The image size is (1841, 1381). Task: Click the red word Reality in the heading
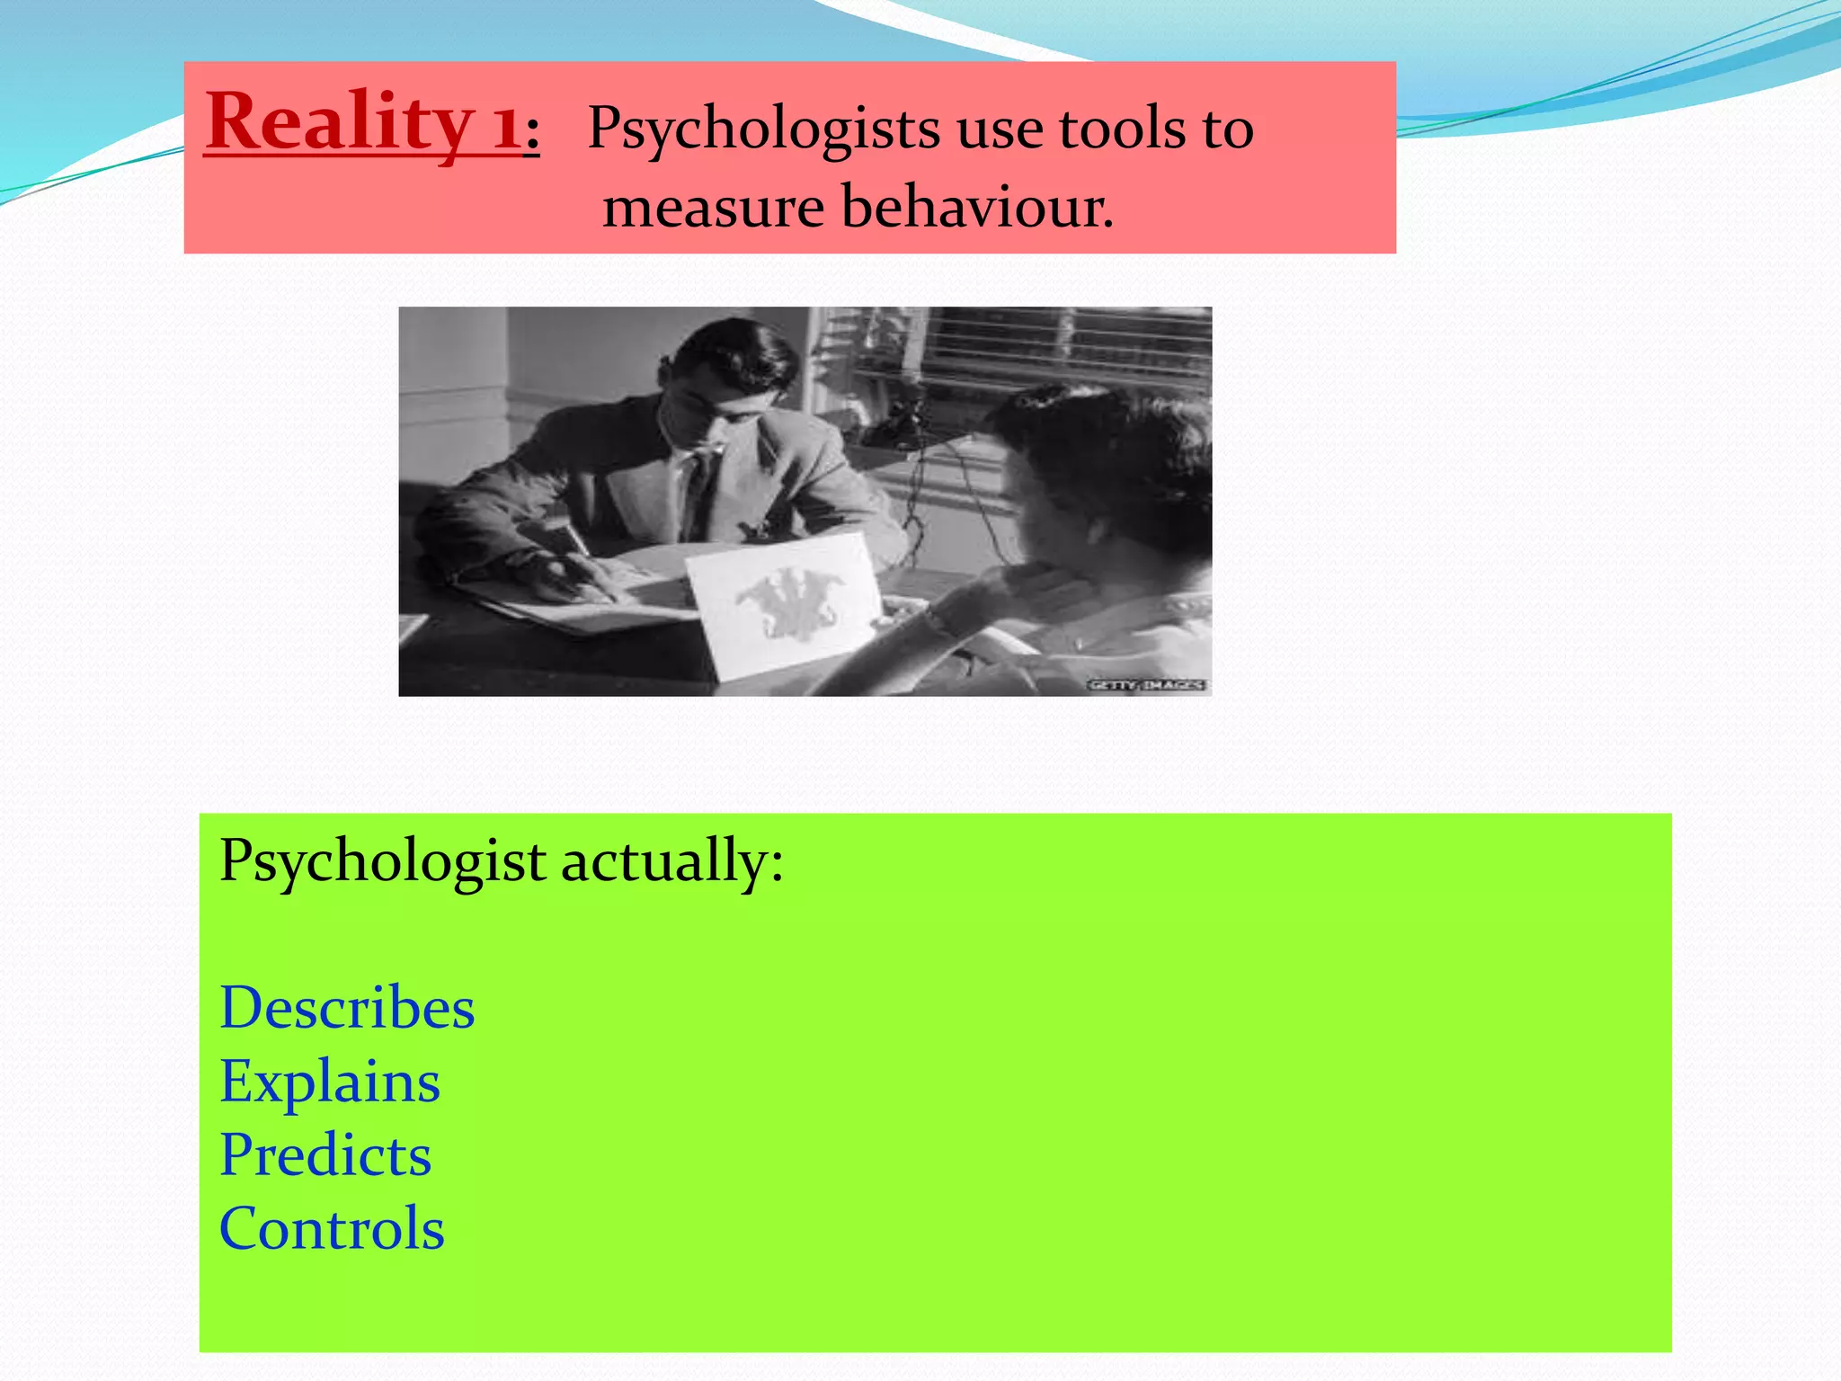click(x=339, y=123)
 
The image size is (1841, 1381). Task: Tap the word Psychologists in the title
click(x=764, y=129)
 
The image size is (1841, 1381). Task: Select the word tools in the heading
click(x=1122, y=129)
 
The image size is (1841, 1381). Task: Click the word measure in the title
click(x=713, y=208)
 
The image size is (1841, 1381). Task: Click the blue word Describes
click(x=347, y=1008)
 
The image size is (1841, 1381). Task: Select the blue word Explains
click(x=330, y=1082)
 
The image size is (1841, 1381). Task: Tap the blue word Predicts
click(x=325, y=1155)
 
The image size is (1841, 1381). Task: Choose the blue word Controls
click(x=332, y=1229)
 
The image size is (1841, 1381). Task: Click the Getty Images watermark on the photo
click(x=1146, y=685)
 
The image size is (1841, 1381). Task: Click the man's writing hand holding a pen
click(x=562, y=575)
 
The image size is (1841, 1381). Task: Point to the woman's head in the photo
click(x=1097, y=459)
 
